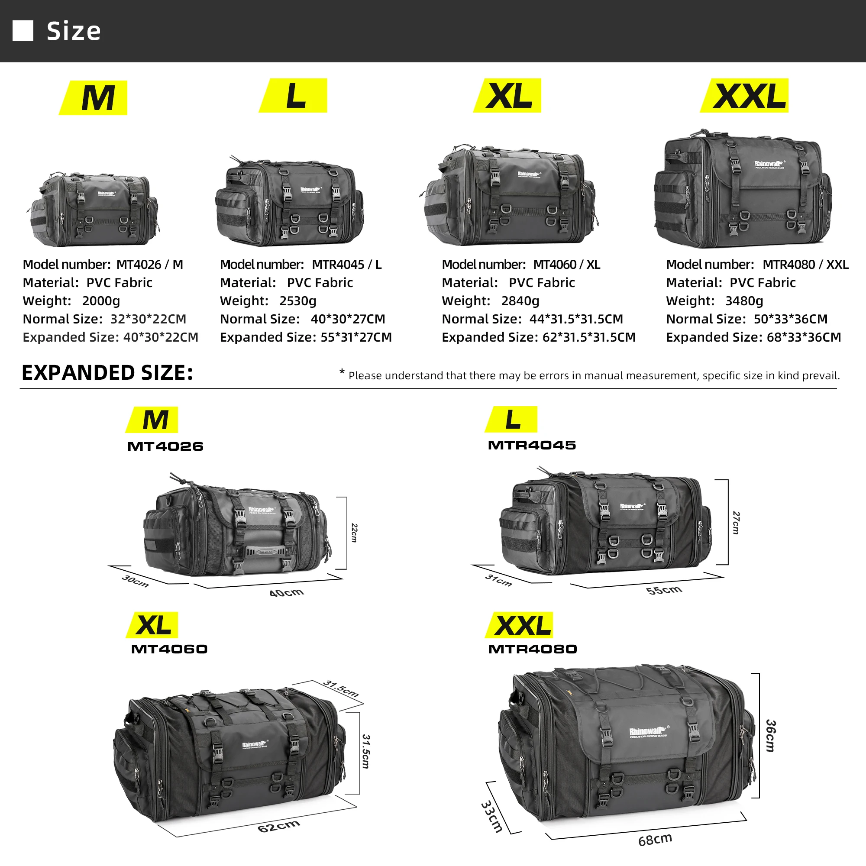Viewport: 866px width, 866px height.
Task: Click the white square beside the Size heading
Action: coord(23,31)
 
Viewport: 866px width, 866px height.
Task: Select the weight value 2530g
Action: coord(297,301)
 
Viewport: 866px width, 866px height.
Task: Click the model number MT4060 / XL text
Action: coord(566,265)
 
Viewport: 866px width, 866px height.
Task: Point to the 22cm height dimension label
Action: coord(354,533)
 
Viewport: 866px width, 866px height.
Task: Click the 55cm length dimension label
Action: coord(664,590)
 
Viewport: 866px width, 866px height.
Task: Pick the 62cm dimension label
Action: coord(278,826)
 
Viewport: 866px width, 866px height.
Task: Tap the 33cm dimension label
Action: coord(492,816)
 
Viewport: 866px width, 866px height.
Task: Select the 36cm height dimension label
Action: coord(770,736)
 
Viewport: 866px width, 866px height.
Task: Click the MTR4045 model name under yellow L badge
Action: coord(532,445)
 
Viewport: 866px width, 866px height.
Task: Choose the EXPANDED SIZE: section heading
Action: coord(107,373)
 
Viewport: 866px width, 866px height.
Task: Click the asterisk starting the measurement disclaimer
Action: coord(342,372)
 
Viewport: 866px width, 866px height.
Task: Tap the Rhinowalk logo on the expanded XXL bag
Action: coord(649,731)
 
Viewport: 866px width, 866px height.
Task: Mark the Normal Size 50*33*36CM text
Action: coord(791,319)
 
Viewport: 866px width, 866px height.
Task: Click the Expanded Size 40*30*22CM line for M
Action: coord(110,337)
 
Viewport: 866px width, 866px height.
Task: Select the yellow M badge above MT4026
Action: coord(153,420)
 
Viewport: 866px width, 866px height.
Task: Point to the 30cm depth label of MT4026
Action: coord(135,581)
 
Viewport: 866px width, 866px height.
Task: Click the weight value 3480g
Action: coord(743,301)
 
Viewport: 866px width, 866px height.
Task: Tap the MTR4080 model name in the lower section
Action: coord(532,649)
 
